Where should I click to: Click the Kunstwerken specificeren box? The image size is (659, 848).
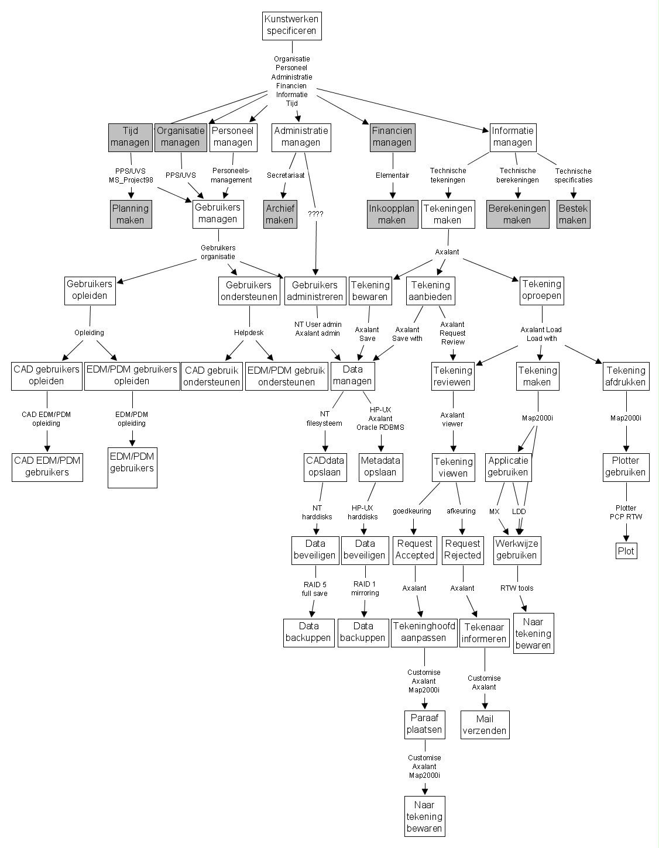pos(292,26)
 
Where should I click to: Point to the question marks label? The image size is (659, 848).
pos(315,214)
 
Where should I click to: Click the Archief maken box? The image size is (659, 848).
pos(280,214)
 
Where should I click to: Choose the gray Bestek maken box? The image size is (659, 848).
pos(572,214)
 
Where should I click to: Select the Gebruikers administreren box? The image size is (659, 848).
pos(315,291)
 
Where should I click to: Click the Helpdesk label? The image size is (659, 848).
pos(249,333)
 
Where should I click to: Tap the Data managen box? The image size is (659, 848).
pos(352,375)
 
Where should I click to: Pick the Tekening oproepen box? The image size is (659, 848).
pos(541,290)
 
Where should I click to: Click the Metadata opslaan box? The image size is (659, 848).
pos(380,467)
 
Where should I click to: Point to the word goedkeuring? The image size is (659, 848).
pos(411,511)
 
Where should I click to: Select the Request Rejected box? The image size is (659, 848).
pos(462,550)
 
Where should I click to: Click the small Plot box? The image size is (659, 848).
pos(626,551)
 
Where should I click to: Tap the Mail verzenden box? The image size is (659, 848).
pos(485,725)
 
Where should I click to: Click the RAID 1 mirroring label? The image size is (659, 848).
pos(365,588)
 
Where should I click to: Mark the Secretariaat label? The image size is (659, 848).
pos(286,175)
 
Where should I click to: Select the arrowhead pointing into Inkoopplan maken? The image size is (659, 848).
pos(392,197)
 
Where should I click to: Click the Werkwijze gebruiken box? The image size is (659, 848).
pos(517,550)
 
